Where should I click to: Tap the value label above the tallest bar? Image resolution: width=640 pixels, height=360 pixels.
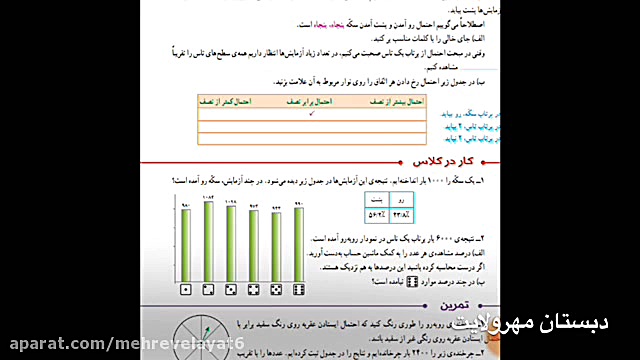(208, 200)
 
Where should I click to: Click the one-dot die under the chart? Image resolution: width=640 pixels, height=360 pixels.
(186, 289)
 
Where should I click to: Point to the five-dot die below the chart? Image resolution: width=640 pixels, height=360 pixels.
(276, 289)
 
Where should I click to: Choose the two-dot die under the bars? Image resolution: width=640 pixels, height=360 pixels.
(208, 289)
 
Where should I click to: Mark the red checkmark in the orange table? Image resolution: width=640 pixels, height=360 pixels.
(311, 115)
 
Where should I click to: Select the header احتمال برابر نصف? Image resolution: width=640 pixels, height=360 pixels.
(311, 102)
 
